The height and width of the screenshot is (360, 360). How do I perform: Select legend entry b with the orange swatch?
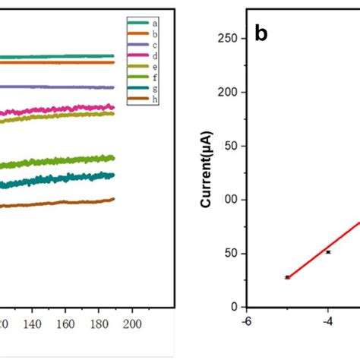click(x=144, y=34)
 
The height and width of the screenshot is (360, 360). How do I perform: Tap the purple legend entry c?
click(x=144, y=45)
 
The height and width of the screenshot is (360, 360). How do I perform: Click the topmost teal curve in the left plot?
click(x=61, y=56)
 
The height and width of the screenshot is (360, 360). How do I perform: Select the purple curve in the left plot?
click(x=61, y=87)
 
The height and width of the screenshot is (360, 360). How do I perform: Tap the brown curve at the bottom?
click(x=61, y=203)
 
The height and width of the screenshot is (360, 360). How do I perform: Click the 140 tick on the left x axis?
click(x=32, y=324)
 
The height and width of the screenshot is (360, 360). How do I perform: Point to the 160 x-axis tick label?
click(x=65, y=324)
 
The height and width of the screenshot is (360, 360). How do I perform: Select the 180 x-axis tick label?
click(x=99, y=324)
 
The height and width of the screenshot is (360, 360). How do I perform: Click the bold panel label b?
click(x=261, y=34)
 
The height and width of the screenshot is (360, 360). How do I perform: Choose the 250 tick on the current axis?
click(x=230, y=39)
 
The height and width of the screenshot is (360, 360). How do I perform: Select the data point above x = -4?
click(x=328, y=251)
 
